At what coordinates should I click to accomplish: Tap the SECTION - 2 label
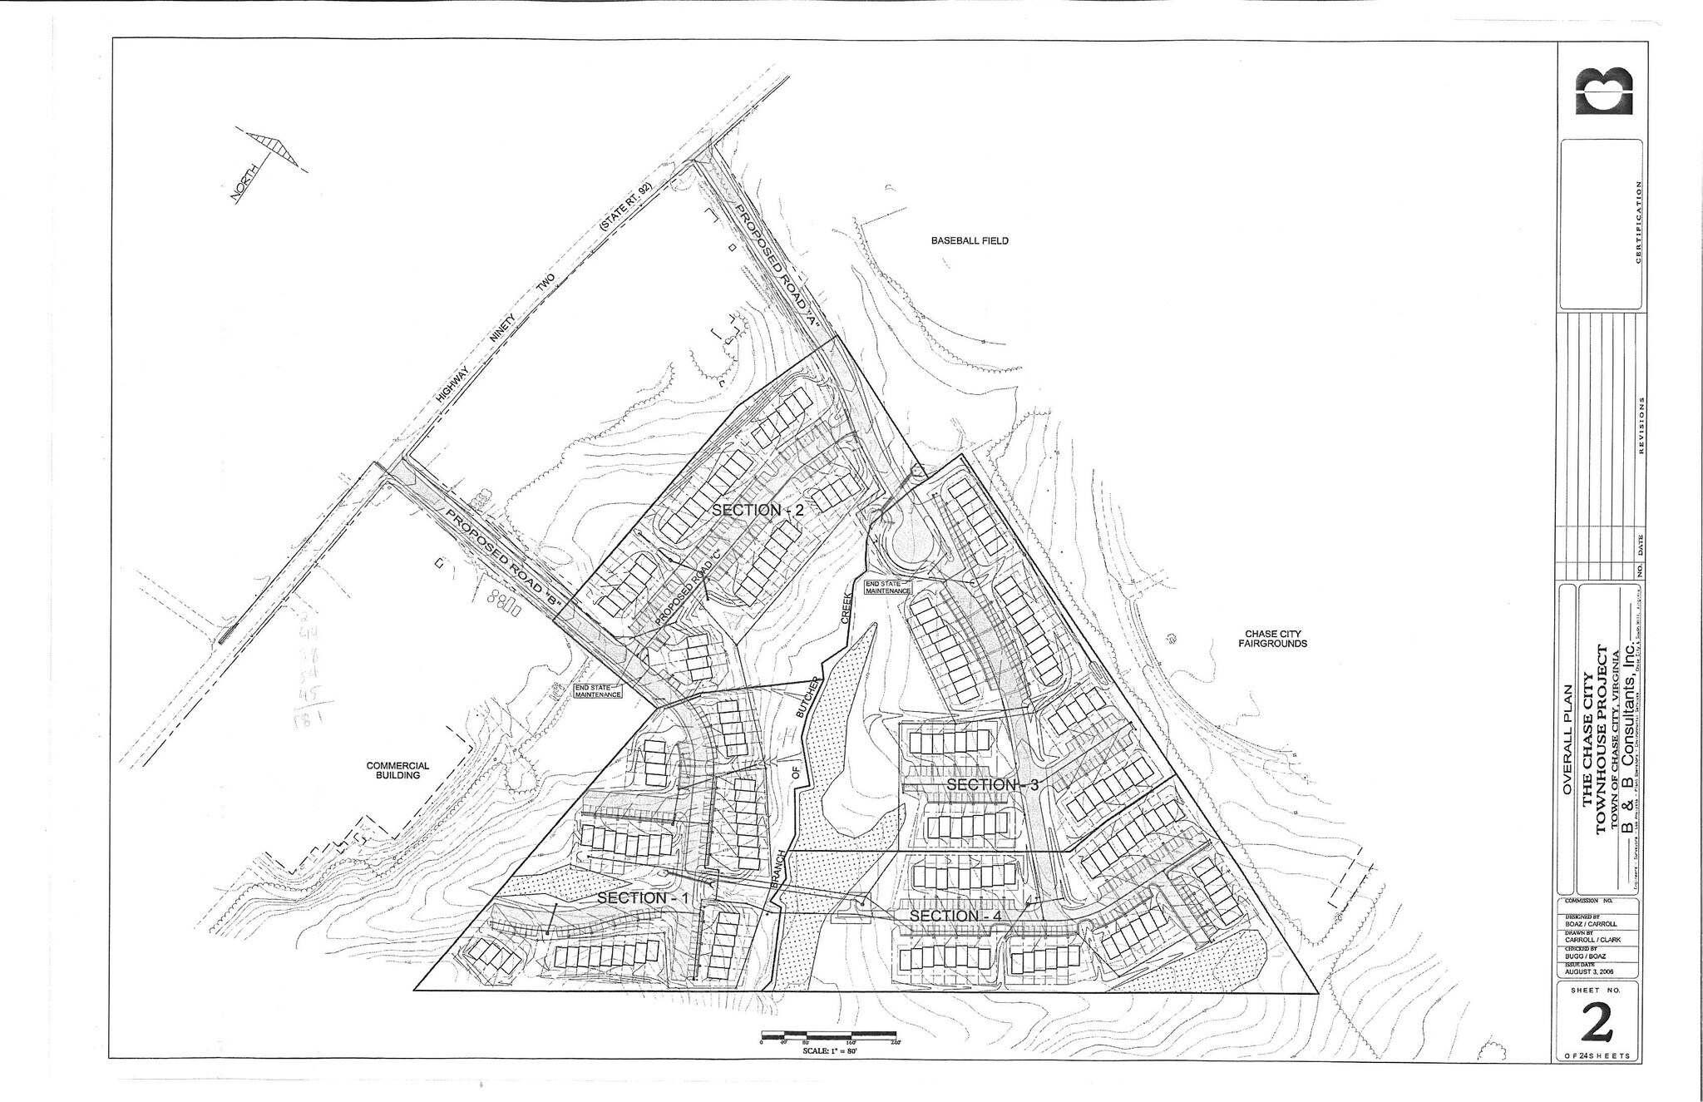tap(758, 510)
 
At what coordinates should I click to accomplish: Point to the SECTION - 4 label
tap(955, 916)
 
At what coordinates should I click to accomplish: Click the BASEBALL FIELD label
tap(969, 240)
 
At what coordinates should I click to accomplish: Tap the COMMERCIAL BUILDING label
tap(397, 770)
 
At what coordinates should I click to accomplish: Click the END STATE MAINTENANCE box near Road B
tap(598, 690)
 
